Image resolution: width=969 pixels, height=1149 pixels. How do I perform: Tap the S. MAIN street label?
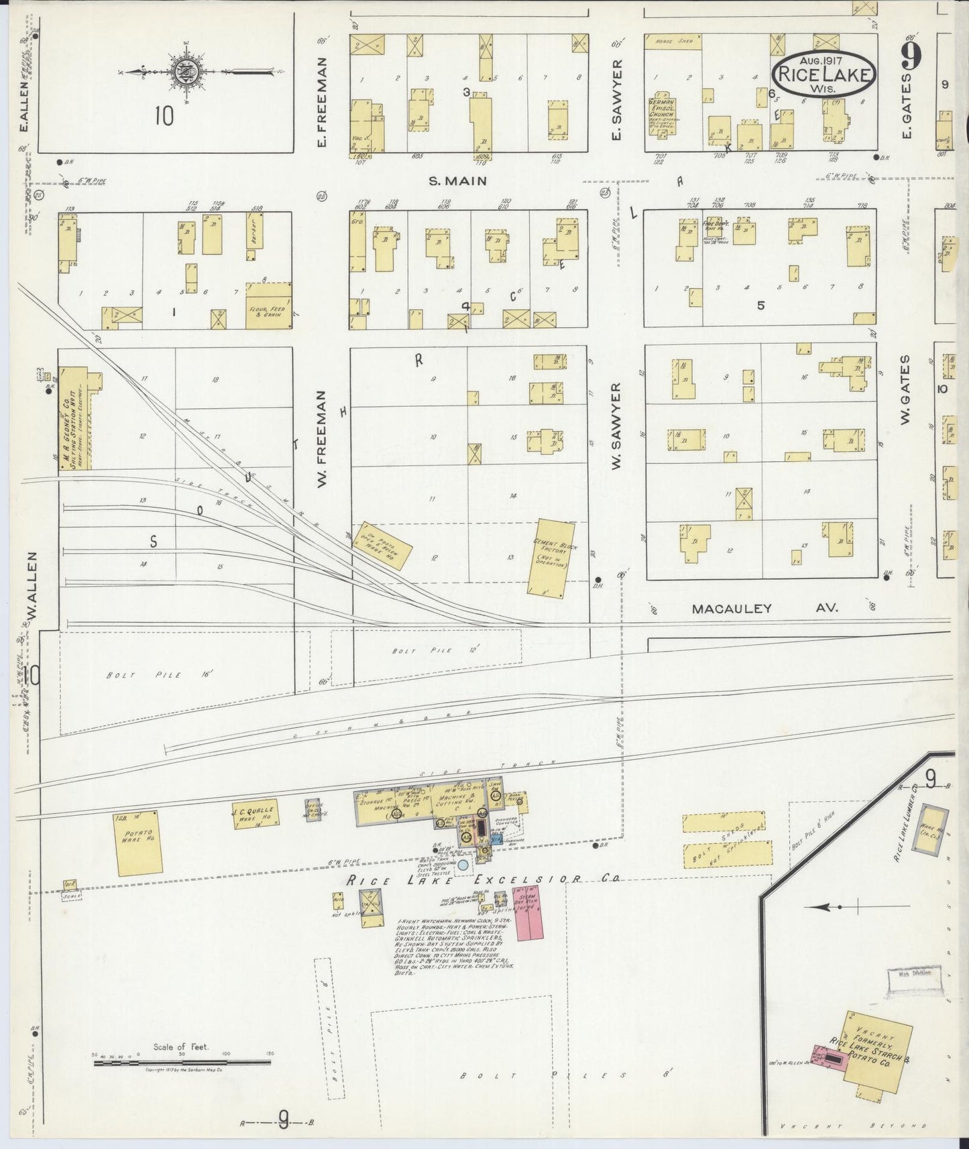pos(457,180)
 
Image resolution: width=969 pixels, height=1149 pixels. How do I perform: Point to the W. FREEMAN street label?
pos(321,439)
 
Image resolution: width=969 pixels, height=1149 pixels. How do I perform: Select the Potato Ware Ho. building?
pos(139,842)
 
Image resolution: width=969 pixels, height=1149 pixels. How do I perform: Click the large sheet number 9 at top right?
pos(911,57)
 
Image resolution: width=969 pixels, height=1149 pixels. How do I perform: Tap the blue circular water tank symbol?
pos(463,865)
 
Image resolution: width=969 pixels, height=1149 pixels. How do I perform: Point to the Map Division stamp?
pos(913,973)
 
